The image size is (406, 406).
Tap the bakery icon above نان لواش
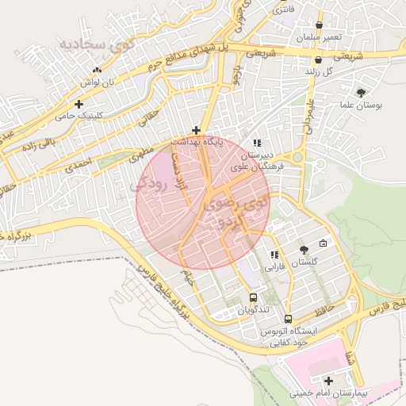click(97, 70)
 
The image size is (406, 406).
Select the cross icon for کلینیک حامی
click(79, 104)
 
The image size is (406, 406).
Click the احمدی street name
click(79, 163)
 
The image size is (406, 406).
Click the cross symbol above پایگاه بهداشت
click(197, 129)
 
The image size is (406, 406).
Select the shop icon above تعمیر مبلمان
click(319, 25)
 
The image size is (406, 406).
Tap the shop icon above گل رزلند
click(318, 59)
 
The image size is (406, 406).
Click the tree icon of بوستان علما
click(362, 93)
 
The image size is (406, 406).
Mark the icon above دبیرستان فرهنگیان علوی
click(256, 142)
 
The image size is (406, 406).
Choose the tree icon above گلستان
click(304, 250)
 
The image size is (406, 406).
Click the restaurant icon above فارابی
click(274, 255)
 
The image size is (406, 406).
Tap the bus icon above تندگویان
click(253, 298)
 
